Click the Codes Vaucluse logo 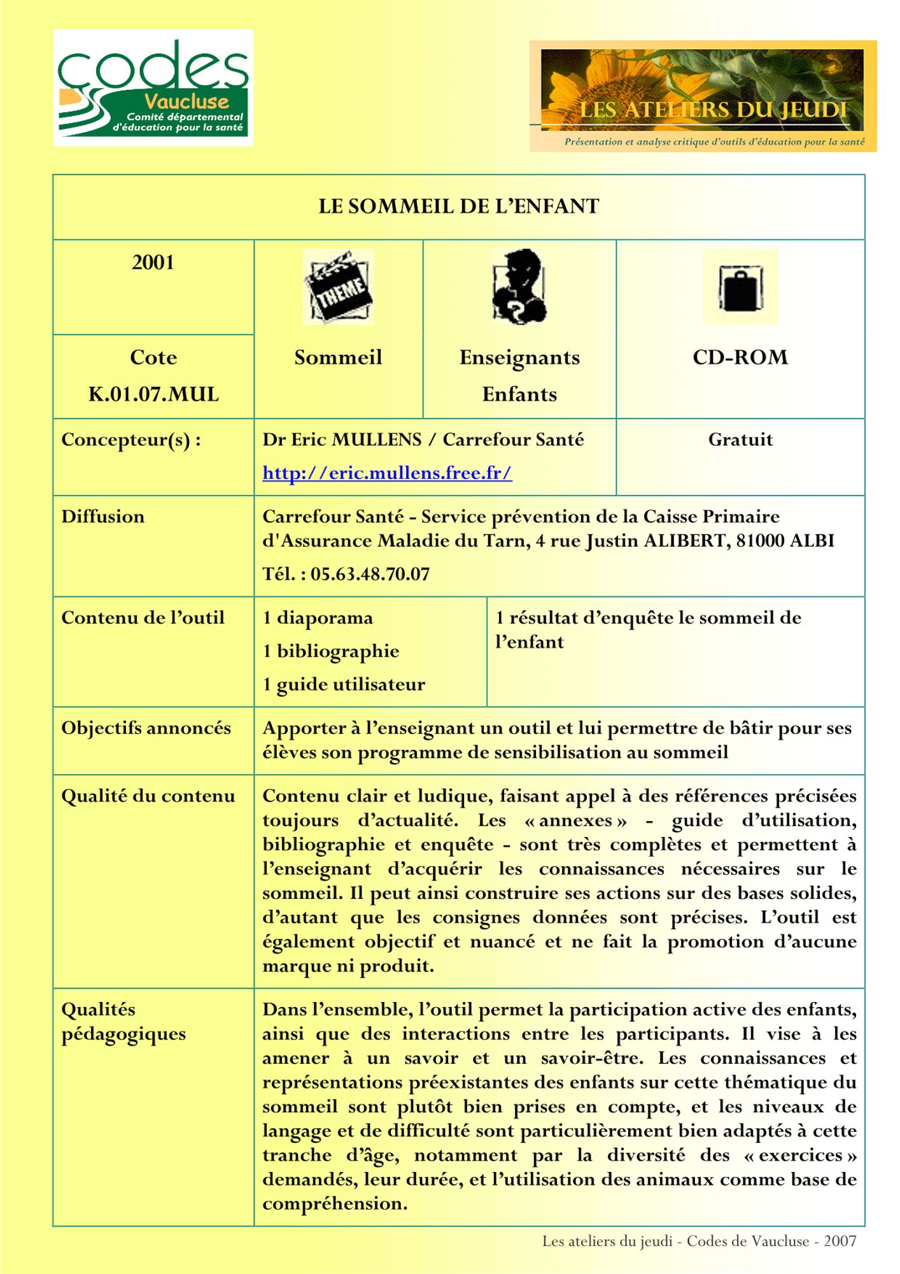153,88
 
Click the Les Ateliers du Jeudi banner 703,96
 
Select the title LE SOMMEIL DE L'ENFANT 458,206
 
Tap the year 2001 153,262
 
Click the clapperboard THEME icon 338,287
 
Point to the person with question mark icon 519,287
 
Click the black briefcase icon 740,287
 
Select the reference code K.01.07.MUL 153,394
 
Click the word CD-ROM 740,357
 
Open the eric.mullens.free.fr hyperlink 387,473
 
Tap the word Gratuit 740,440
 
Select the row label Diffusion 103,517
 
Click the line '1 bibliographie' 331,651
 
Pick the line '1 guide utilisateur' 344,685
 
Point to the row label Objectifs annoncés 146,728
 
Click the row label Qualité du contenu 148,796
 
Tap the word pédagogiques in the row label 123,1034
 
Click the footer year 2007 840,1241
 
